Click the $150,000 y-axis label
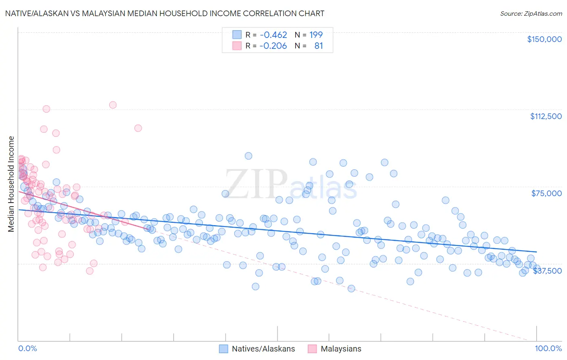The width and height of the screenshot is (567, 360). click(544, 39)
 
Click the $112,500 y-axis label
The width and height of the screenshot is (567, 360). click(546, 116)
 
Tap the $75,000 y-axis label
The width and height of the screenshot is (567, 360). click(546, 193)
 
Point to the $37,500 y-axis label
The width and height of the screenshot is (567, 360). click(547, 270)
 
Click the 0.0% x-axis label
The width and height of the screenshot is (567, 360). click(27, 348)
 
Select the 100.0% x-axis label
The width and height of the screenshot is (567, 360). click(548, 348)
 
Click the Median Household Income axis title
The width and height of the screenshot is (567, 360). click(11, 184)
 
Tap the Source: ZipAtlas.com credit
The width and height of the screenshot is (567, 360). click(531, 13)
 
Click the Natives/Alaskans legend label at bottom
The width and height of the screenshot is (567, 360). click(263, 349)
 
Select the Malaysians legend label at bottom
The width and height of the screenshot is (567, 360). click(341, 349)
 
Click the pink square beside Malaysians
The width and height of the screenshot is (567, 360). click(312, 349)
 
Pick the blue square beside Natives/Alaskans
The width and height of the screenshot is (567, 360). click(223, 349)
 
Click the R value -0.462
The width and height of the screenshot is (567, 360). click(273, 35)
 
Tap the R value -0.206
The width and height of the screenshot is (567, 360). click(273, 46)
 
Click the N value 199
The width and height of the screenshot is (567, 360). click(316, 35)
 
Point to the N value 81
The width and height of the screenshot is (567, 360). click(319, 46)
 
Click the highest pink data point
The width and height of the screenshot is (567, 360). click(113, 105)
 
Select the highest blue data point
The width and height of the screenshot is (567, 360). click(248, 156)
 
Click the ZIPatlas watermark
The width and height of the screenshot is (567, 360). click(291, 184)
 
